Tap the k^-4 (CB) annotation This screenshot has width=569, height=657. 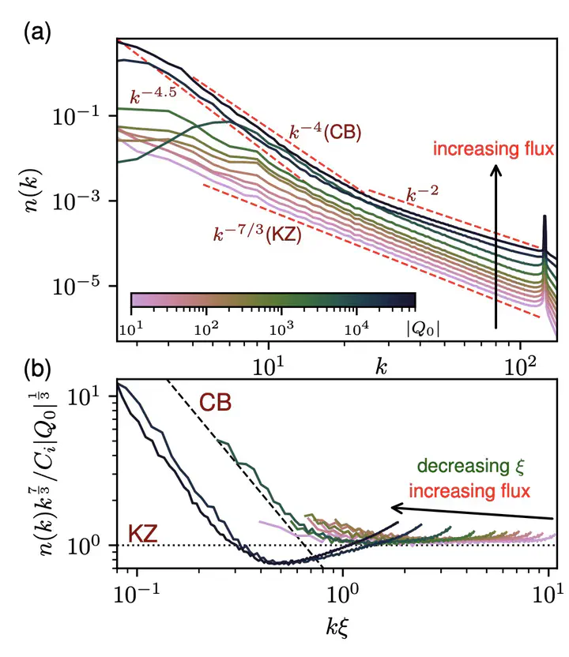324,133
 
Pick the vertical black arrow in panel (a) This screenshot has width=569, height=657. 496,245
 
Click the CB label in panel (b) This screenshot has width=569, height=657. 214,403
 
